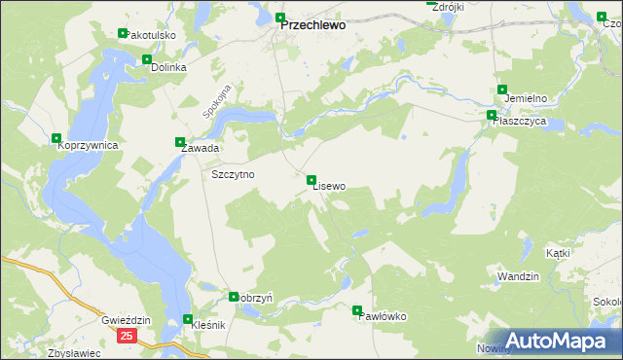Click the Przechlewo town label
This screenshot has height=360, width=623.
(x=312, y=27)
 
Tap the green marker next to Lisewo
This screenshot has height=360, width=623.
(x=311, y=180)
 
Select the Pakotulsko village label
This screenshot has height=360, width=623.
(x=150, y=35)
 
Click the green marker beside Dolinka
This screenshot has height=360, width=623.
(x=147, y=59)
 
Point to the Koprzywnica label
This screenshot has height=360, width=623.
(x=88, y=145)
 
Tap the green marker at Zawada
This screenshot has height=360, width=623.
(x=179, y=141)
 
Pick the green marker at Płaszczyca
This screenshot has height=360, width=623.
(x=492, y=115)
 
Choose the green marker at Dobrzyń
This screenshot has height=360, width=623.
(x=234, y=297)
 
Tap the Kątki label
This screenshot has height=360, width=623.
(x=558, y=253)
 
